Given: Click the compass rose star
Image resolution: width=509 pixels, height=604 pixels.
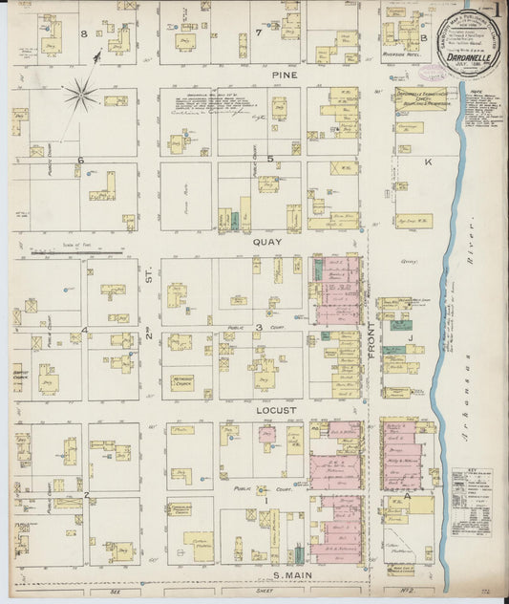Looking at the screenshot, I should (81, 94).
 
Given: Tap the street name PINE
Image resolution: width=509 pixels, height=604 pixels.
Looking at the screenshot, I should (280, 75).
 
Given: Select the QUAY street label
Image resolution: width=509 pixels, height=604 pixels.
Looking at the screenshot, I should (265, 242).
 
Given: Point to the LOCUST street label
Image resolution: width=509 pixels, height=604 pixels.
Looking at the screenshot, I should (277, 410).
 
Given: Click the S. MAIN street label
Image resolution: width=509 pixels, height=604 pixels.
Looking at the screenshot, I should (292, 573).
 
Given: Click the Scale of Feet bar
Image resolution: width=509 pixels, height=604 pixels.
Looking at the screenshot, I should (76, 253).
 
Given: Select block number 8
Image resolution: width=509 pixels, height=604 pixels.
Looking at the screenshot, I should (84, 34).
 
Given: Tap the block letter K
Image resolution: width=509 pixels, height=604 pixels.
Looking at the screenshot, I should (428, 162).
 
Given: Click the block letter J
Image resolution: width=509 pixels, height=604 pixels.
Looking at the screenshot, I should (409, 336).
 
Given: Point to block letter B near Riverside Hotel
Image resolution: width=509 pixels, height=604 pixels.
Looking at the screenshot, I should (424, 38).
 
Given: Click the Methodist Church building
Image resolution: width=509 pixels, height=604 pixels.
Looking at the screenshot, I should (182, 382).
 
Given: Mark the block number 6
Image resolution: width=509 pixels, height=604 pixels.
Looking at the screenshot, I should (81, 160).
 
